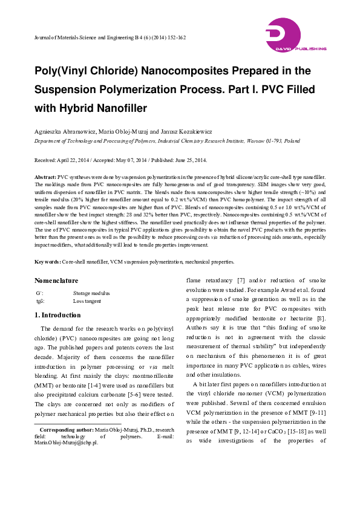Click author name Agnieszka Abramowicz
[x=64, y=130]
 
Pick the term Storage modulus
[x=91, y=293]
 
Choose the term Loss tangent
[x=87, y=300]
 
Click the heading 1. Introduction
[x=57, y=316]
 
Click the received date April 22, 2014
[x=71, y=160]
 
